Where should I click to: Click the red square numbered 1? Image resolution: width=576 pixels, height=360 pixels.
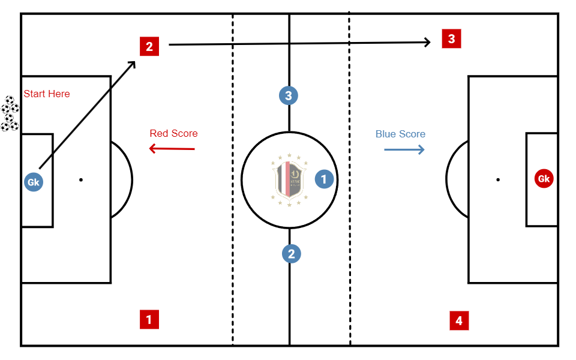(x=149, y=319)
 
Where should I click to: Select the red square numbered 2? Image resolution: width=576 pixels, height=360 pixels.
(x=149, y=46)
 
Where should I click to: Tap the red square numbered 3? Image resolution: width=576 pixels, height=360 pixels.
(x=451, y=39)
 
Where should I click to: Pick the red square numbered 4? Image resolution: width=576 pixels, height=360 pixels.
(x=459, y=321)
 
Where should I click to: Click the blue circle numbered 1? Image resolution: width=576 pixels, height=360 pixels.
(x=324, y=179)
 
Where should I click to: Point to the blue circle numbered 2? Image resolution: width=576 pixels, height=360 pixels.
(x=292, y=254)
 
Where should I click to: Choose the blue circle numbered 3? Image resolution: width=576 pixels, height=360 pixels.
(x=289, y=95)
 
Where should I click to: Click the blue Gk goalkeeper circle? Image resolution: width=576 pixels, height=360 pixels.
(x=34, y=182)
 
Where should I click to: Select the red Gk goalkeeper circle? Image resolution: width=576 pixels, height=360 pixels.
(x=544, y=179)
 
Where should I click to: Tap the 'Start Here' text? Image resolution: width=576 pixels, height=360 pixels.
(x=47, y=94)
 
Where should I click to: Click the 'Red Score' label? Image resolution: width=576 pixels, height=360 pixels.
(x=173, y=133)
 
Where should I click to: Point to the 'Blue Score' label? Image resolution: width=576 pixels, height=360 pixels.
(x=400, y=134)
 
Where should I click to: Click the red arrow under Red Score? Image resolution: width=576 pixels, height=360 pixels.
(x=172, y=149)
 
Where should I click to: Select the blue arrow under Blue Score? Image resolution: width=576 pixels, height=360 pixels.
(x=404, y=149)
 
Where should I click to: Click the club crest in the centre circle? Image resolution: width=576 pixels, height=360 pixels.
(x=289, y=180)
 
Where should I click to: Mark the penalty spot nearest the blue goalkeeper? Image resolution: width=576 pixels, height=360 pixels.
(x=80, y=179)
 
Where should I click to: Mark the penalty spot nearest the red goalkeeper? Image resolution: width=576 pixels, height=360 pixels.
(x=497, y=179)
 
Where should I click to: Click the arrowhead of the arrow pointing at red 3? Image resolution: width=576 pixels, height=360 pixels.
(x=428, y=42)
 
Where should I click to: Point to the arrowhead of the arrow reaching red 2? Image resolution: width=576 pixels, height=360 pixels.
(x=133, y=63)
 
